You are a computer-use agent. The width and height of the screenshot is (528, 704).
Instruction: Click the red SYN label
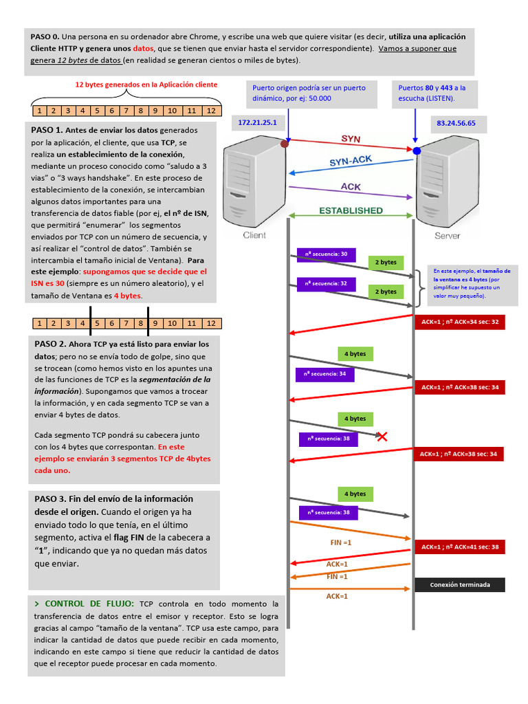[351, 139]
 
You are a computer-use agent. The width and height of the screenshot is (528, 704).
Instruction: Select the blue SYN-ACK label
[352, 161]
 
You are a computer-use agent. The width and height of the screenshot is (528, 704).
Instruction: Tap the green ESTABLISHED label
[351, 210]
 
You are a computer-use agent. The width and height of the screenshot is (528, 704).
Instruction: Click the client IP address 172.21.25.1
[257, 122]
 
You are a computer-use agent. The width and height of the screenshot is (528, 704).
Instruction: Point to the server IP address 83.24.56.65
[456, 124]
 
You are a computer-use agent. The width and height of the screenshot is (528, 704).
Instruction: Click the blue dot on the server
[417, 150]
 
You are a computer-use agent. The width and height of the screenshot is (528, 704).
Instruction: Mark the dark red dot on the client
[285, 144]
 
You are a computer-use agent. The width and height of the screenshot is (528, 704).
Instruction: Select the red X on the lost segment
[382, 436]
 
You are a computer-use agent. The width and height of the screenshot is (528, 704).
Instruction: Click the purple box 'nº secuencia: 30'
[327, 254]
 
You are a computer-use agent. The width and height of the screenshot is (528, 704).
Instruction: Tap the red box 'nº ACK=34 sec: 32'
[459, 321]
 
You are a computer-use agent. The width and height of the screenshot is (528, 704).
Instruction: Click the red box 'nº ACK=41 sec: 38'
[459, 547]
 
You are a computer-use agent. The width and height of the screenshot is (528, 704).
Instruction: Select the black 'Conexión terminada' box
[459, 585]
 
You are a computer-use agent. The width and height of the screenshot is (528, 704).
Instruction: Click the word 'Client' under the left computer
[254, 235]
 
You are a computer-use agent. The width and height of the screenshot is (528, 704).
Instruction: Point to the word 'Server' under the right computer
[447, 236]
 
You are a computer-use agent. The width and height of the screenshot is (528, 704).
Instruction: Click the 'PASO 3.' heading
[50, 499]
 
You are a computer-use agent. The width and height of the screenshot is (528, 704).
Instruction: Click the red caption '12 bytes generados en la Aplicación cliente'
[146, 85]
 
